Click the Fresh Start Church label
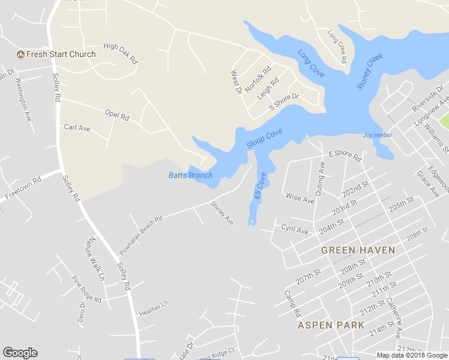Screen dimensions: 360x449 pyautogui.click(x=61, y=54)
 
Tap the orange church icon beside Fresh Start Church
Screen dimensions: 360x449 pyautogui.click(x=20, y=55)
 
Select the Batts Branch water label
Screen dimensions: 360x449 pyautogui.click(x=190, y=175)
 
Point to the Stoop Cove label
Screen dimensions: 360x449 pyautogui.click(x=264, y=139)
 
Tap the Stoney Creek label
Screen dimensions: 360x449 pyautogui.click(x=370, y=72)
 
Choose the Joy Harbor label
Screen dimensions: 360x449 pyautogui.click(x=378, y=135)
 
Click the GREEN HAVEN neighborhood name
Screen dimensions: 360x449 pyautogui.click(x=358, y=250)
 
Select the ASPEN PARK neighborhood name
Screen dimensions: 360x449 pyautogui.click(x=331, y=325)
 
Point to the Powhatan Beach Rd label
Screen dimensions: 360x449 pyautogui.click(x=142, y=233)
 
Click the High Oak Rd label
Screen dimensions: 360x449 pyautogui.click(x=121, y=53)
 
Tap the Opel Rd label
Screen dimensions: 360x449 pyautogui.click(x=117, y=115)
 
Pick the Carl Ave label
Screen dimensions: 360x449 pyautogui.click(x=77, y=128)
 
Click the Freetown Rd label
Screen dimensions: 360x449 pyautogui.click(x=23, y=188)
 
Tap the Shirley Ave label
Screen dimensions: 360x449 pyautogui.click(x=221, y=212)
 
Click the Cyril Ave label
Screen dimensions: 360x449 pyautogui.click(x=294, y=229)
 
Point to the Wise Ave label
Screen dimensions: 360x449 pyautogui.click(x=300, y=198)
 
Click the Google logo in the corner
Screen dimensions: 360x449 pyautogui.click(x=20, y=353)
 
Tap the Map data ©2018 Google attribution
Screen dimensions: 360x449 pyautogui.click(x=412, y=355)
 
